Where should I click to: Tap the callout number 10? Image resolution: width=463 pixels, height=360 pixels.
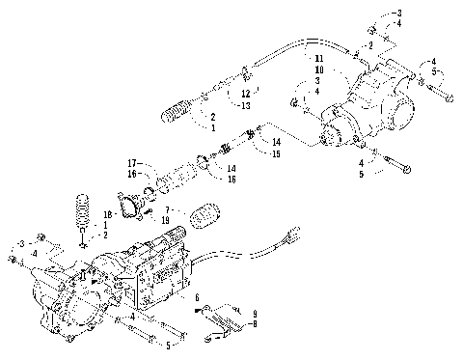click(318, 70)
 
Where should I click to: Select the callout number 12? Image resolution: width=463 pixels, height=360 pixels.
click(246, 94)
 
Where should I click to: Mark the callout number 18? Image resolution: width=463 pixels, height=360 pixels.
click(109, 214)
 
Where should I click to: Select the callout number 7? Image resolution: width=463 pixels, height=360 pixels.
click(169, 208)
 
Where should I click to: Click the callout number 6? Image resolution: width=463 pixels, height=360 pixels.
click(198, 299)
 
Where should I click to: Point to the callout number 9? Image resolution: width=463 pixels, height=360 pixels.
click(255, 315)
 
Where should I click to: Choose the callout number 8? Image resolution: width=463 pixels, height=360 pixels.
click(255, 325)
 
